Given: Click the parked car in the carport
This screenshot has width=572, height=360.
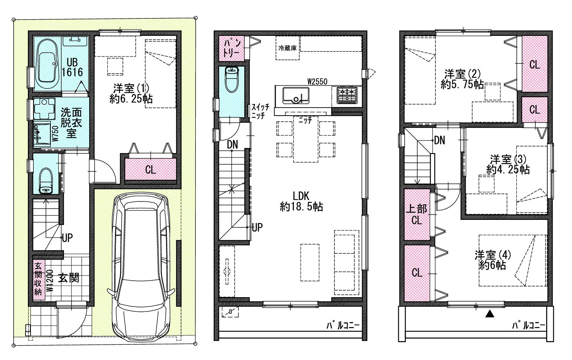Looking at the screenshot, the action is (x=141, y=265).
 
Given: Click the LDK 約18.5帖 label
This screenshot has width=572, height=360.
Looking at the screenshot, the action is (x=301, y=201).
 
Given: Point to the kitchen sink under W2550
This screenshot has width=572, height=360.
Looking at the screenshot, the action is (x=296, y=95).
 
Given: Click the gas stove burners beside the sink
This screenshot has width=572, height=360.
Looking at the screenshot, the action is (x=347, y=94).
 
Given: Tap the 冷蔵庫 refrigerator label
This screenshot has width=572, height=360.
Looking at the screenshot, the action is (x=287, y=48).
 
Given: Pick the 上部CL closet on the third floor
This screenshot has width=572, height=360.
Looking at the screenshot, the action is (x=417, y=214).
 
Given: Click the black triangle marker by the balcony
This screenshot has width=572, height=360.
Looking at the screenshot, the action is (x=490, y=314).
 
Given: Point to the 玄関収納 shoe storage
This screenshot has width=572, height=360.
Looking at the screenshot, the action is (x=38, y=279).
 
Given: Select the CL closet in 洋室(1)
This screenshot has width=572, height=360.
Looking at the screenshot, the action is (x=150, y=169).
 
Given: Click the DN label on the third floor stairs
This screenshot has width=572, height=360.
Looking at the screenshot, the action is (x=439, y=141).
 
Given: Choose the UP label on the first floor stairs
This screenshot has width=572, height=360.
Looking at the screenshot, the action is (x=67, y=238).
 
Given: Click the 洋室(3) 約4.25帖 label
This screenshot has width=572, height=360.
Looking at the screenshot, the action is (x=508, y=165).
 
